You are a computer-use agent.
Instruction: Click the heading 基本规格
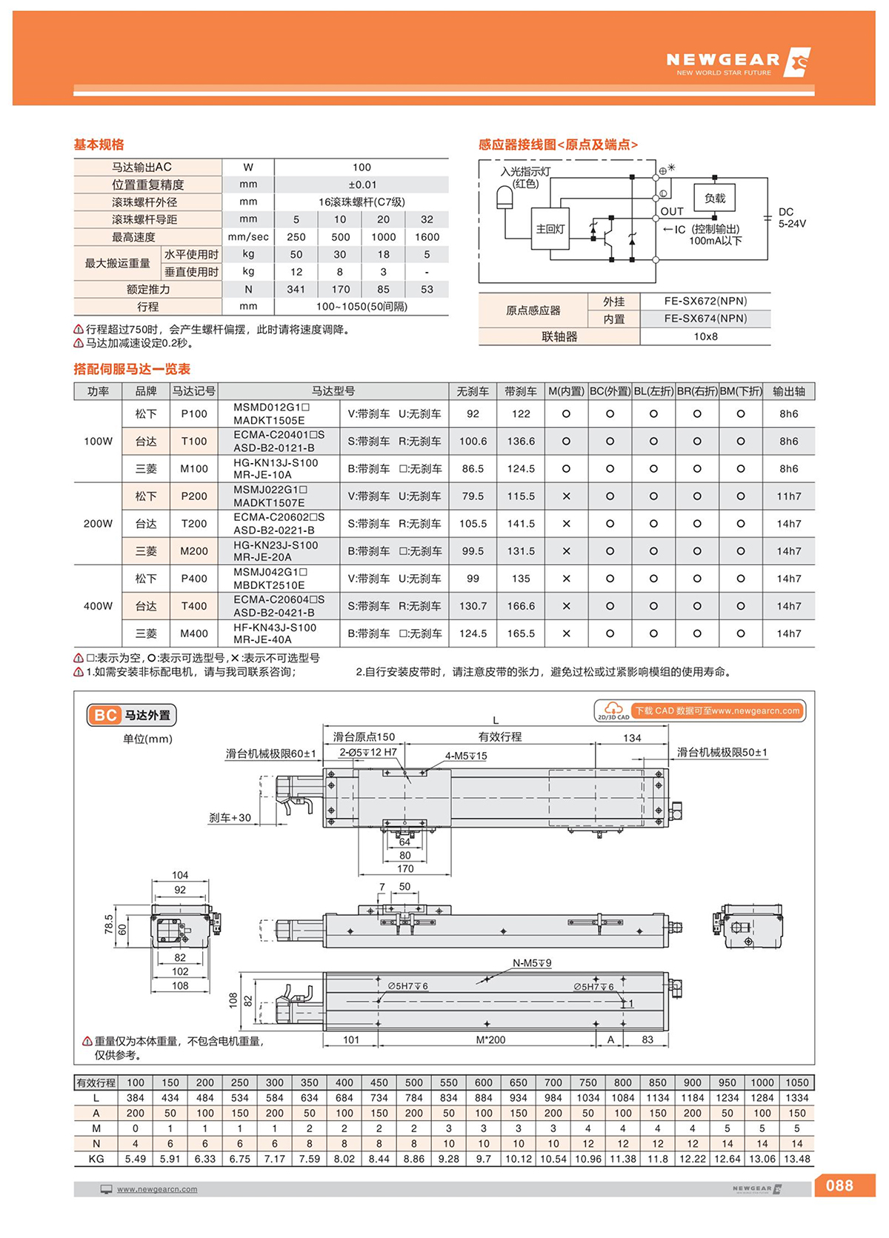click(99, 144)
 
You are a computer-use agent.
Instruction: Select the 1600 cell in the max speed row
click(427, 237)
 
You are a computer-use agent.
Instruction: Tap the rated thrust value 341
click(296, 290)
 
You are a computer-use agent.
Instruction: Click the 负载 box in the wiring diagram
click(714, 199)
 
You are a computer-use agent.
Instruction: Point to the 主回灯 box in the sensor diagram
click(550, 229)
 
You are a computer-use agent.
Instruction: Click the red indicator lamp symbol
click(504, 199)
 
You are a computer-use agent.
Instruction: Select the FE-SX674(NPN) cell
click(705, 319)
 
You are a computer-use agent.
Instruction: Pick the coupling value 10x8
click(705, 336)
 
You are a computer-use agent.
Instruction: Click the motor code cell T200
click(194, 524)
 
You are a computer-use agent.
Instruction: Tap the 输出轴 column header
click(788, 391)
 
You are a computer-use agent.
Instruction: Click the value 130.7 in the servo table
click(473, 606)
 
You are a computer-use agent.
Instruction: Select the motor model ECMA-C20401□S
click(279, 435)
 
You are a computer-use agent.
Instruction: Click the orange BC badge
click(104, 715)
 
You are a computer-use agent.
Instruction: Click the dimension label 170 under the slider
click(404, 869)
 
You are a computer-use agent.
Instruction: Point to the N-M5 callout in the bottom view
click(531, 963)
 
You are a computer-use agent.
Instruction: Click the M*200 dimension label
click(490, 1039)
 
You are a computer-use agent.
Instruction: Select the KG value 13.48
click(796, 1159)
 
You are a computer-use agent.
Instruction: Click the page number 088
click(839, 1185)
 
